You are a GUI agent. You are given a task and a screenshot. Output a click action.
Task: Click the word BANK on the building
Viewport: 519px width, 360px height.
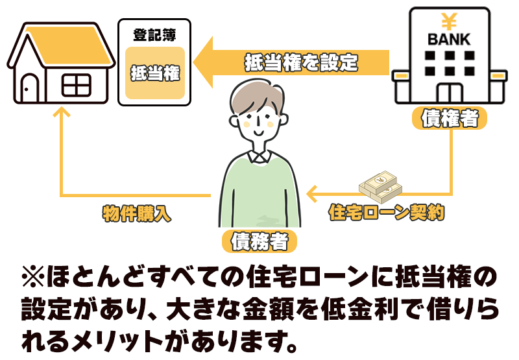pyautogui.click(x=449, y=39)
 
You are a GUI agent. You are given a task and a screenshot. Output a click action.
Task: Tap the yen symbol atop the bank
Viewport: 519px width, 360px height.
pyautogui.click(x=449, y=18)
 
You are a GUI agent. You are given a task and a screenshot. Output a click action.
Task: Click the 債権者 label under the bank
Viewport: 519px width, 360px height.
pyautogui.click(x=450, y=119)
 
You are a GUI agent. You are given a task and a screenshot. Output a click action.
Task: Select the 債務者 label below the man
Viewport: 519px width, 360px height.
pyautogui.click(x=259, y=241)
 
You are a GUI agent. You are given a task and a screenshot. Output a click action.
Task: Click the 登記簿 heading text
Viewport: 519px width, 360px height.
pyautogui.click(x=154, y=34)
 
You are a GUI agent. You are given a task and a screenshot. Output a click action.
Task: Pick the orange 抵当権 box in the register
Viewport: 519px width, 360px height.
pyautogui.click(x=155, y=73)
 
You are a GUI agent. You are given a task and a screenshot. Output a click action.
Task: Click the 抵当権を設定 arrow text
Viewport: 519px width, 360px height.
pyautogui.click(x=301, y=64)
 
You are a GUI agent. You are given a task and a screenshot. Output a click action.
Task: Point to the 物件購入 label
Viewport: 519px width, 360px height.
pyautogui.click(x=136, y=214)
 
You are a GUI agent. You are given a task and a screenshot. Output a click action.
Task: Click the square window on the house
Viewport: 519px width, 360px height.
pyautogui.click(x=77, y=84)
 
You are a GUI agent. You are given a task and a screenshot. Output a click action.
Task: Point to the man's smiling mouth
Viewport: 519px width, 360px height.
pyautogui.click(x=258, y=132)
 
